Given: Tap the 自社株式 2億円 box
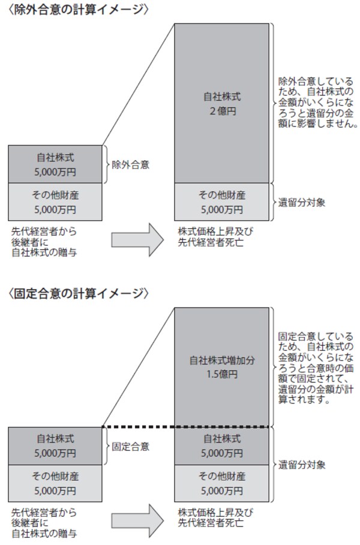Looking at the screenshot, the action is pos(221,103).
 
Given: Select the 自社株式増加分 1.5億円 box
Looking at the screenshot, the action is pos(221,367).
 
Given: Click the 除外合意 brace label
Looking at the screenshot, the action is pos(130,164).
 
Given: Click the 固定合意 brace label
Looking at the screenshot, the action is pos(130,446).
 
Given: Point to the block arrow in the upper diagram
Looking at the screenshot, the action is pos(137,240).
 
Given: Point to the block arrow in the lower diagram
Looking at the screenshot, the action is pos(137,521).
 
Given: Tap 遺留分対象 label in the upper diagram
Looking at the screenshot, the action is pos(302,202).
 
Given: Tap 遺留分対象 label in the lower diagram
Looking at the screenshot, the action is pos(302,465).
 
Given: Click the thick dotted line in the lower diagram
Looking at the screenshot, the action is pos(186,427).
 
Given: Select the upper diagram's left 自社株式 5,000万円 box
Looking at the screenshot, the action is pos(55,164).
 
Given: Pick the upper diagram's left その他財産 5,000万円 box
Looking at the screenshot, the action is pos(55,202).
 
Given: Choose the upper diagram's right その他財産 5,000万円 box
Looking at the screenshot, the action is pos(221,202).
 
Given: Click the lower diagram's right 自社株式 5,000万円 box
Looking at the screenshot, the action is pos(221,446).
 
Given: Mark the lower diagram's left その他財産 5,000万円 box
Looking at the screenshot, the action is pos(55,483).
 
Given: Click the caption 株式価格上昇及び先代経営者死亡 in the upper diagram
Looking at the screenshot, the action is pos(215,237).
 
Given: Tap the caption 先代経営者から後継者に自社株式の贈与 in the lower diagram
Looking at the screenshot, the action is pos(44,523).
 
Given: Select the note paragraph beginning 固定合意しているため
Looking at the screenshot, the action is pos(316,368).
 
